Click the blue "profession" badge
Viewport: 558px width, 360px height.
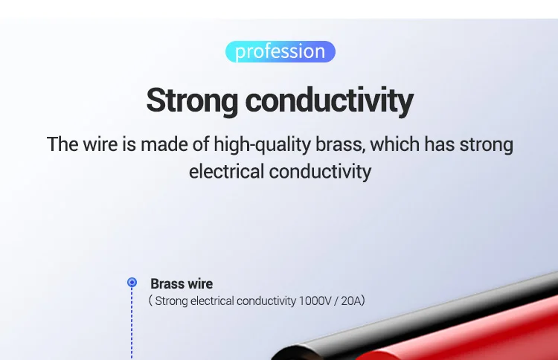tap(280, 51)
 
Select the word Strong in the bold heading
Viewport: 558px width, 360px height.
tap(192, 101)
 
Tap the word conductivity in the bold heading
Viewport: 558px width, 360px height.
tap(329, 100)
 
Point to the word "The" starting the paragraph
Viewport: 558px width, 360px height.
tap(62, 144)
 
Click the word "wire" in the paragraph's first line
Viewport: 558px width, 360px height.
tap(100, 144)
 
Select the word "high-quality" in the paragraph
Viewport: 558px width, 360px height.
tap(263, 145)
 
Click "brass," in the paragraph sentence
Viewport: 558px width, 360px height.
tap(341, 144)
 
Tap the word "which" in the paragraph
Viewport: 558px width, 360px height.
tap(394, 144)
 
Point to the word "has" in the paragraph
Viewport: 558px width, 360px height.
tap(440, 144)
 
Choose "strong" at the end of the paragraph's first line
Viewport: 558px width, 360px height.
tap(486, 145)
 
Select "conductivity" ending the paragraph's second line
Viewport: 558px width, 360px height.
tap(320, 172)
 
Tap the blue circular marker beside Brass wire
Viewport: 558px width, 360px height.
tap(132, 282)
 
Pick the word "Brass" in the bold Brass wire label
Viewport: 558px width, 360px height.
tap(167, 284)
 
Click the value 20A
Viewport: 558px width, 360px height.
tap(351, 301)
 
